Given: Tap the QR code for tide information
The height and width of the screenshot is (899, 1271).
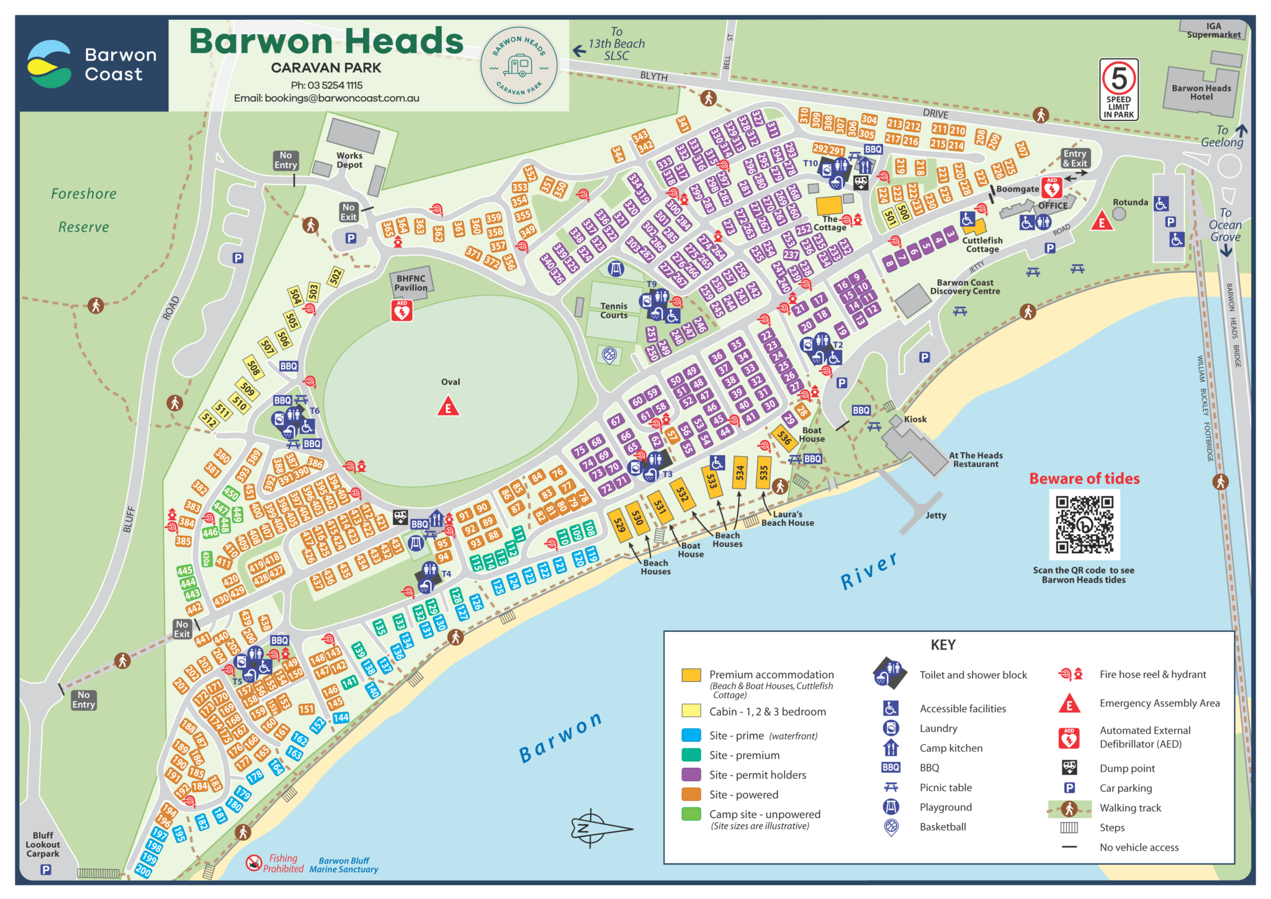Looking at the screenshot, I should (1084, 525).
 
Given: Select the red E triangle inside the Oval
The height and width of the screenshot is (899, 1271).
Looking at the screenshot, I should (448, 408).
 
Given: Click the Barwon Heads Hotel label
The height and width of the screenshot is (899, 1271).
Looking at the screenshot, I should (1201, 93).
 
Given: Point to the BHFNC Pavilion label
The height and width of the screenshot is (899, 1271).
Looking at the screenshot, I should (411, 283).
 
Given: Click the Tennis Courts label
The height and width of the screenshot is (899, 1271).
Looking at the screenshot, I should (613, 310).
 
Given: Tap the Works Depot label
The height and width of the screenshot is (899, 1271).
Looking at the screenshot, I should (349, 160).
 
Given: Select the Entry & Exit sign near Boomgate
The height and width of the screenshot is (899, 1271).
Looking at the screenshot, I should (1074, 158).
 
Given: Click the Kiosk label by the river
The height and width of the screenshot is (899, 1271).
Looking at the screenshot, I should (915, 419).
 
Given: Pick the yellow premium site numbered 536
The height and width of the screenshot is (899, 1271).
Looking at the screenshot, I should (784, 438).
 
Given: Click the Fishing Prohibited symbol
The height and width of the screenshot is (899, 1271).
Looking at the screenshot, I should (253, 862).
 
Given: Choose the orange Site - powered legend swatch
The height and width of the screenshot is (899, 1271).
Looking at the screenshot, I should (691, 794).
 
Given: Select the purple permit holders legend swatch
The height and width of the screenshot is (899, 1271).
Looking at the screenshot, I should (691, 774).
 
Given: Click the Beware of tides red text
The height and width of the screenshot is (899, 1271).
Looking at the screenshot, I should (1084, 479).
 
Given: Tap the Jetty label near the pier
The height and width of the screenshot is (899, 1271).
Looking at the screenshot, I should (935, 515).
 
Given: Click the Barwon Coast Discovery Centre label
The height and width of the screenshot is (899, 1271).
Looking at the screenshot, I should (964, 287).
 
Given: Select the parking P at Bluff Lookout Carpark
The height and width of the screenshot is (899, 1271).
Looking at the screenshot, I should (46, 870).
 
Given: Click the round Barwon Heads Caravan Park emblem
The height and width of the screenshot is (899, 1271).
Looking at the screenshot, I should (519, 65).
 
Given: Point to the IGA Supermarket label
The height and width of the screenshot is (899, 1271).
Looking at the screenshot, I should (1213, 30).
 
